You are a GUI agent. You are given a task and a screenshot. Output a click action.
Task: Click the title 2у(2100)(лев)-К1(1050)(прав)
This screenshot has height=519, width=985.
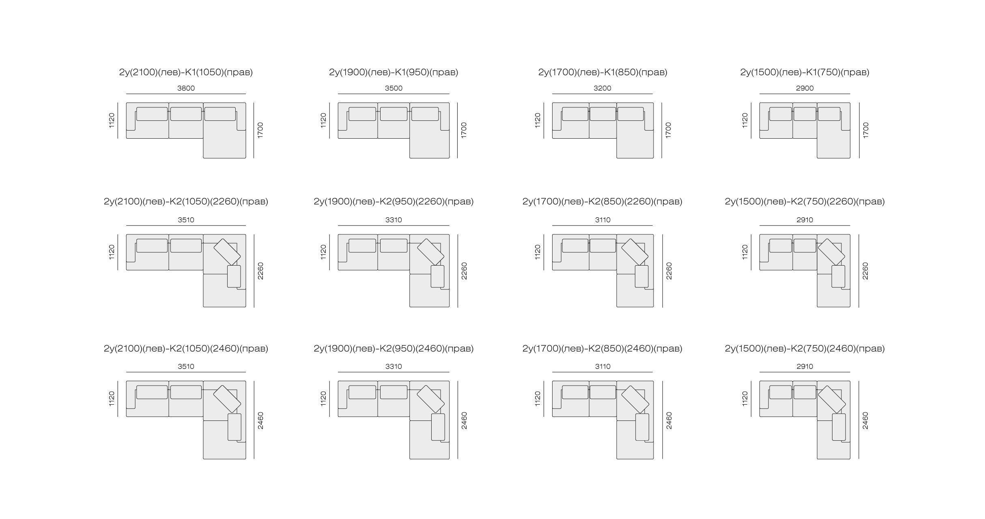[x=186, y=72]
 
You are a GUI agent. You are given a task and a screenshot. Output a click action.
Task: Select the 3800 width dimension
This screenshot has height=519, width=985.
[x=186, y=88]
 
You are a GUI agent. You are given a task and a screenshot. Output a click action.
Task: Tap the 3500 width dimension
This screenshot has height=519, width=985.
[x=394, y=88]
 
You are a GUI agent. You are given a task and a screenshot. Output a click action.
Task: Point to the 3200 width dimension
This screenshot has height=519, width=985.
[x=602, y=88]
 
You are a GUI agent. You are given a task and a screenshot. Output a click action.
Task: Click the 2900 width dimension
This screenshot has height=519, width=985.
[x=805, y=88]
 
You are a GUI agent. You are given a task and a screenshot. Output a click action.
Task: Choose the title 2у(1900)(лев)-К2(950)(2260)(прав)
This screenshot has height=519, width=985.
[x=394, y=202]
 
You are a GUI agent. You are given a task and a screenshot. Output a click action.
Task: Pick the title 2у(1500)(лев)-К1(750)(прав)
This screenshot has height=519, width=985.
[x=805, y=72]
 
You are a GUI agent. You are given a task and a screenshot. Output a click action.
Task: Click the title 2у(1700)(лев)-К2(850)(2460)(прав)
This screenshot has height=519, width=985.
[x=602, y=348]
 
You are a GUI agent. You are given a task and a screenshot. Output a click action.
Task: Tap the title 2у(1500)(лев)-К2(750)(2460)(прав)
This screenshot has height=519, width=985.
[x=805, y=348]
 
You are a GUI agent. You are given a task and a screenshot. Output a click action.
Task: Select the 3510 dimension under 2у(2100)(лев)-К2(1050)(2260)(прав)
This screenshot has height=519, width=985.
[x=186, y=220]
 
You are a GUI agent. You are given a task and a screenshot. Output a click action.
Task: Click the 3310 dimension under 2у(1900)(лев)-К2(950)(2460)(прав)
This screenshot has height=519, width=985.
[x=394, y=367]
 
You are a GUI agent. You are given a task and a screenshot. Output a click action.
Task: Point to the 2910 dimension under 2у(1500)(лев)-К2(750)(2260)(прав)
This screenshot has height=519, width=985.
[x=805, y=220]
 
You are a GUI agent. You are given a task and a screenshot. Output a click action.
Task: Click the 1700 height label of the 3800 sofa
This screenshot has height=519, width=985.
[x=260, y=130]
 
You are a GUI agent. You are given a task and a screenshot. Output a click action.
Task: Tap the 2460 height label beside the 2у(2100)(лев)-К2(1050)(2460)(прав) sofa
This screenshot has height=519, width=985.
[x=260, y=420]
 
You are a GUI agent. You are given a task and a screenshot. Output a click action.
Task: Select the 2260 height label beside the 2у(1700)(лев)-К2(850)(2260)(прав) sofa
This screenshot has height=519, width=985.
[x=669, y=271]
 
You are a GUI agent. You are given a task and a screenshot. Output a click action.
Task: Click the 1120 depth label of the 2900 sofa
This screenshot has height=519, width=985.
[x=745, y=120]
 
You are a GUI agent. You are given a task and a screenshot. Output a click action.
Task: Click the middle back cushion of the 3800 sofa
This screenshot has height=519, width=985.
[x=186, y=114]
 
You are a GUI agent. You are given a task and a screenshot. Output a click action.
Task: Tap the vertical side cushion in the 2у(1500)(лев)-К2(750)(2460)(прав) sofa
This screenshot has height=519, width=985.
[x=839, y=427]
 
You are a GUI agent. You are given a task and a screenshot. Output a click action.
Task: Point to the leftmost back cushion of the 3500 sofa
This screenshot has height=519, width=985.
[x=362, y=114]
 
